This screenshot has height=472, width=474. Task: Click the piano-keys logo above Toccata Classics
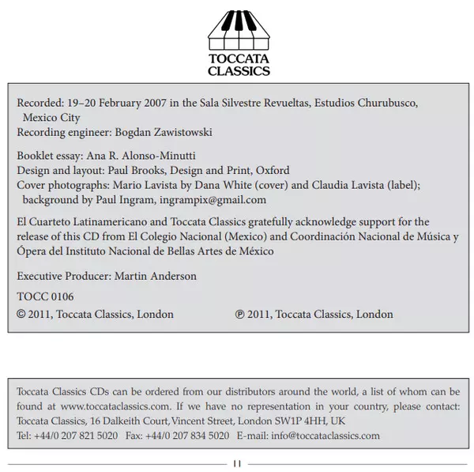pos(237,29)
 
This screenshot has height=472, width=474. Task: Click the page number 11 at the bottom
pos(237,463)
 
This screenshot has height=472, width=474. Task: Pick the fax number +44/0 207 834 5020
pos(187,435)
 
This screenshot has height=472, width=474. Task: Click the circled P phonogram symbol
pos(239,314)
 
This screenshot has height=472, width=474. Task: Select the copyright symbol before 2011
pos(21,314)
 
